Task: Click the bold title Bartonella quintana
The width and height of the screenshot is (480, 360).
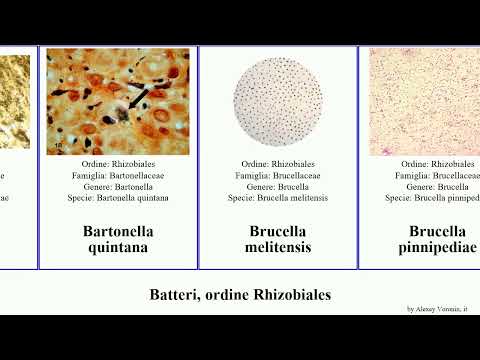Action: click(118, 239)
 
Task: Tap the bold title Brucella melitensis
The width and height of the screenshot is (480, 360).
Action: click(278, 239)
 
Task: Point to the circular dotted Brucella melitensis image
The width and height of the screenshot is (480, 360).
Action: click(279, 101)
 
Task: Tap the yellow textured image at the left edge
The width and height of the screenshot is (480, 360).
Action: click(14, 101)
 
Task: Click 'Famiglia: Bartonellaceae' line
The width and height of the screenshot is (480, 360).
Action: click(118, 175)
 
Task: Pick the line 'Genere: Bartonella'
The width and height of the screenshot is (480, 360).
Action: click(118, 186)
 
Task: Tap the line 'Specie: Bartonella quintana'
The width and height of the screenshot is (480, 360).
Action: click(118, 197)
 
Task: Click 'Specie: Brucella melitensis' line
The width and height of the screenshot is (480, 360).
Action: click(278, 197)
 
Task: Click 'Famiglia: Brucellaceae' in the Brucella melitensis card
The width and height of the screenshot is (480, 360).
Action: click(278, 175)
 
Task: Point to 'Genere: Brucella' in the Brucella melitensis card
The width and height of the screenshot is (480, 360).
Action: click(278, 186)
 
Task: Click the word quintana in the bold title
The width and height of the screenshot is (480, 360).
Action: click(118, 247)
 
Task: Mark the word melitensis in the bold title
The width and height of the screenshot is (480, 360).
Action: click(278, 247)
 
